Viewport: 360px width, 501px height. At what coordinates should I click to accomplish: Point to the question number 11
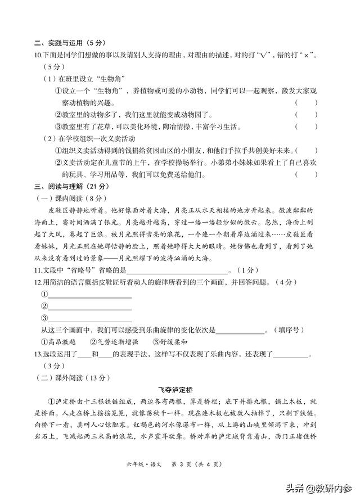point(38,270)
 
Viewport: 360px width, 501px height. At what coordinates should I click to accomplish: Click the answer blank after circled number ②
point(90,307)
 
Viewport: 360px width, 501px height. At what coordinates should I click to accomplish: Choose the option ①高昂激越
point(61,342)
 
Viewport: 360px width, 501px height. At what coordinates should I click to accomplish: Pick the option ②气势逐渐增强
point(114,342)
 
